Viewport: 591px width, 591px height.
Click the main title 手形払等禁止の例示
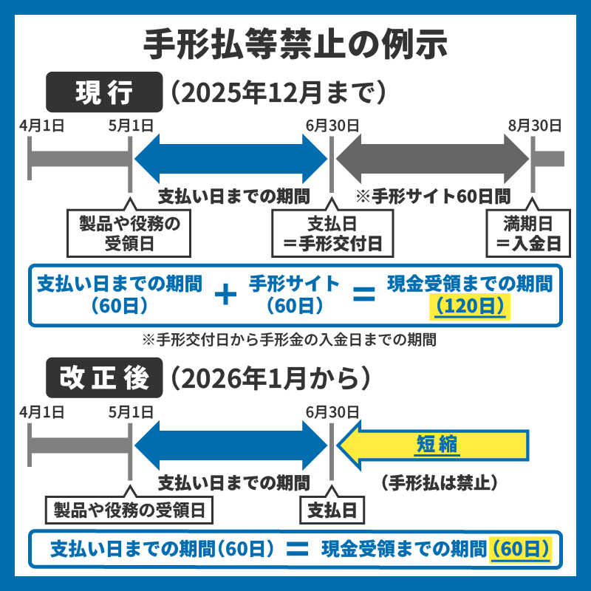pos(295,43)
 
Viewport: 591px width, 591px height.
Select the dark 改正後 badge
pos(104,378)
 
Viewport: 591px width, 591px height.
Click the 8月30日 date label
pos(533,125)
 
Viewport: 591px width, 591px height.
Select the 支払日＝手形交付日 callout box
pos(332,232)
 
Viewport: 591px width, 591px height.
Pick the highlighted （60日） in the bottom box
pos(520,549)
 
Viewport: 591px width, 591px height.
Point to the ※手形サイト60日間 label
pos(432,197)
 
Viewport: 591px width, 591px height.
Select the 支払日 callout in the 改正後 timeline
pos(332,509)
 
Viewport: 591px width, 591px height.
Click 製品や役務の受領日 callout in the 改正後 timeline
pos(129,509)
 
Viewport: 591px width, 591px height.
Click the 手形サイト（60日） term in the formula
pos(293,294)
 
